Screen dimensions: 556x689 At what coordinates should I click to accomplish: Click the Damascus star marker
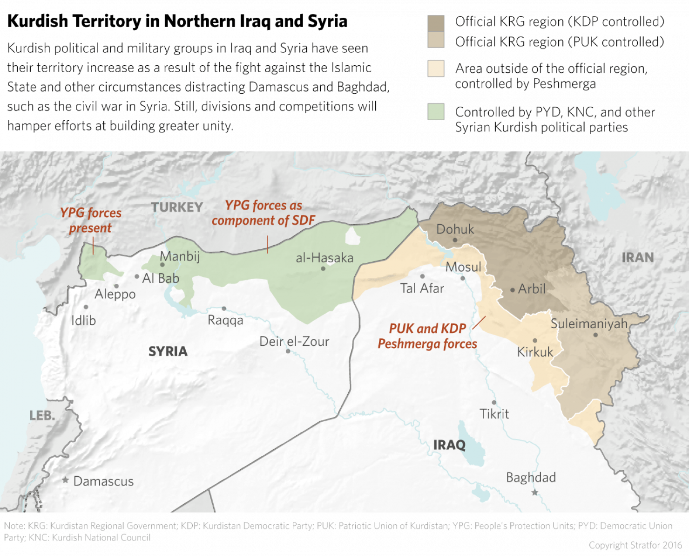point(66,480)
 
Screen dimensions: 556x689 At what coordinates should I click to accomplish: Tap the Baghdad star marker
point(535,492)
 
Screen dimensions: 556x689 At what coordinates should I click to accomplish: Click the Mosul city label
point(463,267)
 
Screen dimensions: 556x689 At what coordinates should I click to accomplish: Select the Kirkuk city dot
point(535,341)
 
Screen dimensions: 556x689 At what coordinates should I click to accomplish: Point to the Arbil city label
point(531,289)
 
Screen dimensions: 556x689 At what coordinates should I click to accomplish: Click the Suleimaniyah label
point(589,323)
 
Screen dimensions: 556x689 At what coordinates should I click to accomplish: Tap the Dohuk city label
point(455,229)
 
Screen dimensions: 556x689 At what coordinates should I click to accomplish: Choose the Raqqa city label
point(225,320)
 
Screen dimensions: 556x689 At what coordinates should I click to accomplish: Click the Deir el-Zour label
point(294,342)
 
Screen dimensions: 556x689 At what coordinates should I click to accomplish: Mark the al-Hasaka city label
point(324,258)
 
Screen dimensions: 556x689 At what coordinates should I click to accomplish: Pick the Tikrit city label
point(494,413)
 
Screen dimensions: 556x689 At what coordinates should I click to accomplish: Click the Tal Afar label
point(422,288)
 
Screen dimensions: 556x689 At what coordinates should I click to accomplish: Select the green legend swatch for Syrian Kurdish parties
point(436,112)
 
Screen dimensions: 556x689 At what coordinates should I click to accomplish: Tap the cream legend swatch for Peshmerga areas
point(436,69)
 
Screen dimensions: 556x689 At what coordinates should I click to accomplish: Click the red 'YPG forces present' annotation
point(91,220)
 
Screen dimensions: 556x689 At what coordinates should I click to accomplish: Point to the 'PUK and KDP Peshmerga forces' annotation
point(427,336)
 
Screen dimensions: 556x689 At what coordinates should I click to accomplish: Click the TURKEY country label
point(177,207)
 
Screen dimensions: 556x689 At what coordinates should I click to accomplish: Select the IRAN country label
point(637,257)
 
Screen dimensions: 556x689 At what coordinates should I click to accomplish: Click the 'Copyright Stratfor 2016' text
point(635,545)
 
